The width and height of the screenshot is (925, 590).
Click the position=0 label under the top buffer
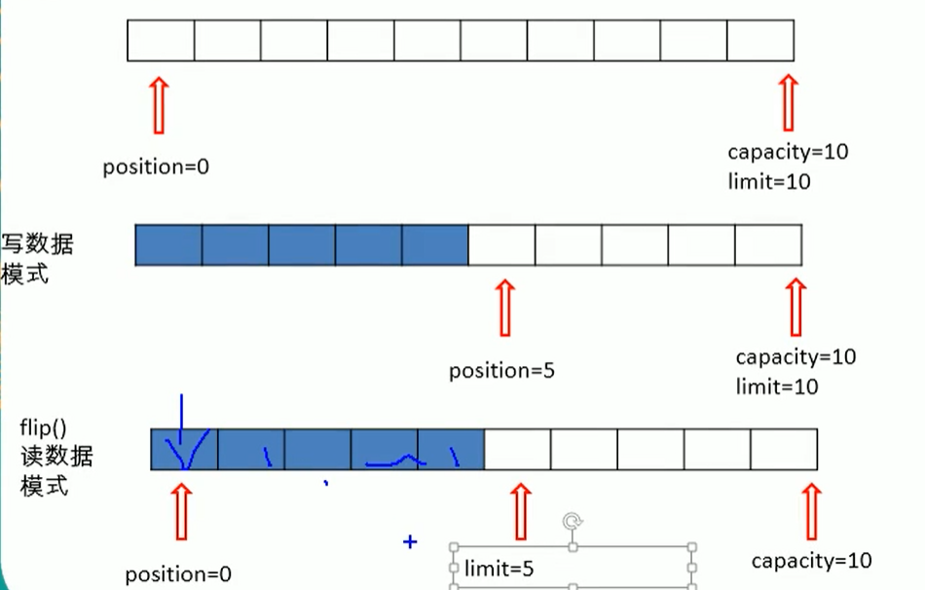point(156,166)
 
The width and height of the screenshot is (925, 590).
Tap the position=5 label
point(501,371)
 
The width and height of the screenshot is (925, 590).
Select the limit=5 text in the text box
point(499,570)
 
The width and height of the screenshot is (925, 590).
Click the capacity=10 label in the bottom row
point(811,561)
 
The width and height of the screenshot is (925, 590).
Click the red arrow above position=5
point(503,308)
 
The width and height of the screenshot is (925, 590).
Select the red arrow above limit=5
point(521,511)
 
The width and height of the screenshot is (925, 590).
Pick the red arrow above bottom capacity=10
point(811,511)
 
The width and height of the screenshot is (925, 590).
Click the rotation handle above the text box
point(573,523)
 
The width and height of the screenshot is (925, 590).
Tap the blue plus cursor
point(410,541)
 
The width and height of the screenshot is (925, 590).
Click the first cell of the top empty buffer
point(161,40)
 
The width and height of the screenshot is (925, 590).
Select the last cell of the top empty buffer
point(760,40)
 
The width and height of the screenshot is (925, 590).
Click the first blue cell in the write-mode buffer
point(168,244)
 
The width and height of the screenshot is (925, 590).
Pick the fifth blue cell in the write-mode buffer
point(434,244)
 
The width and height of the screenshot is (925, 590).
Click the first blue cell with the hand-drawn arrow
point(184,449)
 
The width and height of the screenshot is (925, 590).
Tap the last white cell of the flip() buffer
point(783,449)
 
